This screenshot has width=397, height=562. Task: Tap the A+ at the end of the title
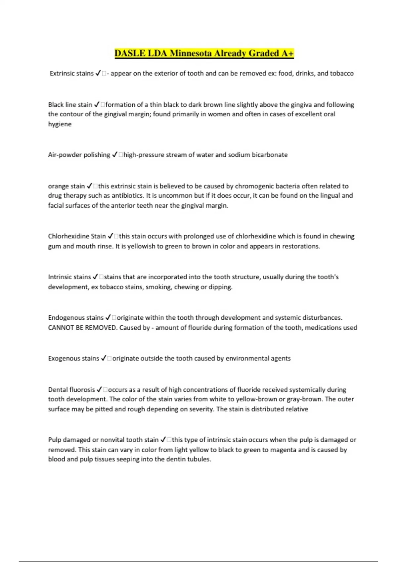(x=287, y=53)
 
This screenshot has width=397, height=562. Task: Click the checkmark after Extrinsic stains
(x=98, y=73)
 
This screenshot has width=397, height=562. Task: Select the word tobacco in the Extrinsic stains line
(x=341, y=73)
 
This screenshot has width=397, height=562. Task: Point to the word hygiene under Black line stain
(x=60, y=124)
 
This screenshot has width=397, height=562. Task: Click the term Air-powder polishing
(x=79, y=155)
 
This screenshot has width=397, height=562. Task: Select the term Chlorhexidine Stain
(x=77, y=236)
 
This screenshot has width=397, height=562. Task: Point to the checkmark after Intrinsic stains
(x=95, y=277)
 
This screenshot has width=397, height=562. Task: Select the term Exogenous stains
(x=73, y=358)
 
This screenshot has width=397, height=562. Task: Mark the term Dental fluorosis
(x=71, y=390)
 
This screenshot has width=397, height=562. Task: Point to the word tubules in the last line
(x=199, y=459)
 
